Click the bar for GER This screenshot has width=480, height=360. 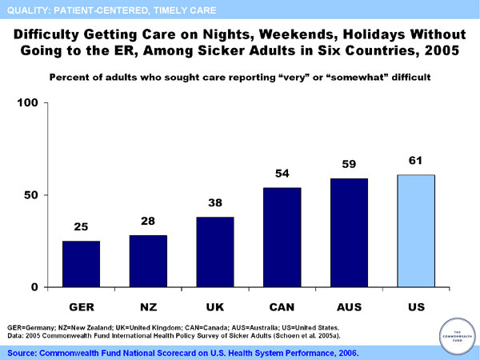tap(81, 264)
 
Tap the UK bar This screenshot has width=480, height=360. tap(214, 252)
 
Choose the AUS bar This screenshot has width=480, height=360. tap(349, 232)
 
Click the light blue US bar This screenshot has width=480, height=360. tap(416, 230)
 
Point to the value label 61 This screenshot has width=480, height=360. tap(416, 161)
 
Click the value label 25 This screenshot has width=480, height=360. tap(81, 227)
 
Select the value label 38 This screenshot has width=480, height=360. tap(214, 203)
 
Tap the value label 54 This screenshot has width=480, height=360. tap(282, 174)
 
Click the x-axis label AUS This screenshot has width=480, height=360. tap(349, 306)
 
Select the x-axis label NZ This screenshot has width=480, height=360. tap(148, 306)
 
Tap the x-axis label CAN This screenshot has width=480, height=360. tap(282, 306)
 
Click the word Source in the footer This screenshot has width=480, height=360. tap(25, 352)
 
